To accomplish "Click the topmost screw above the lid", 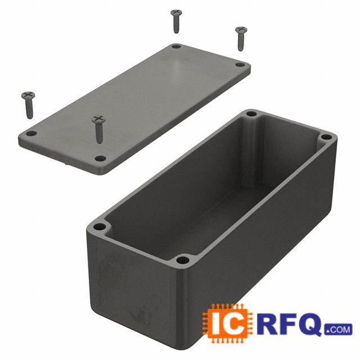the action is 176,21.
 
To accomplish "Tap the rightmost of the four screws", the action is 241,38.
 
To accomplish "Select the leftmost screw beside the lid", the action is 29,105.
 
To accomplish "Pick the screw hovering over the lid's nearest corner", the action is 99,129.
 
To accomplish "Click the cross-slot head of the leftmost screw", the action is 28,95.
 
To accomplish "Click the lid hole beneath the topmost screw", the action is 176,47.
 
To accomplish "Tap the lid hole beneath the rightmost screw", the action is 240,65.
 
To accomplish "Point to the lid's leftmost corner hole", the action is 31,133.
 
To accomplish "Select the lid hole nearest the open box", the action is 100,159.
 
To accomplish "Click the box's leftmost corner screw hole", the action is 100,227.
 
